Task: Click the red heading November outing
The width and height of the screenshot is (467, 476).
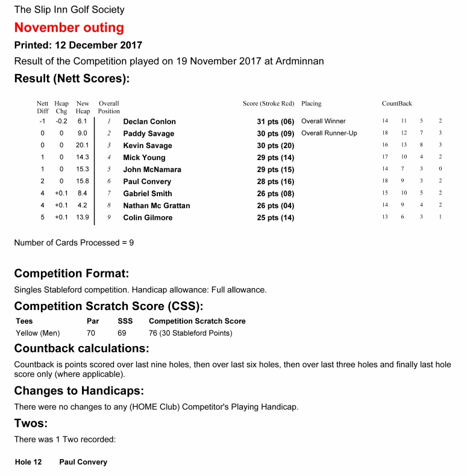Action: click(x=69, y=28)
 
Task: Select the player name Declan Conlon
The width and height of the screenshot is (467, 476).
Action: click(x=149, y=122)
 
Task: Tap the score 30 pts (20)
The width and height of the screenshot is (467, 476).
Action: click(x=275, y=146)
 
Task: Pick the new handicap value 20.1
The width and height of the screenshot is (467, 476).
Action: click(x=83, y=145)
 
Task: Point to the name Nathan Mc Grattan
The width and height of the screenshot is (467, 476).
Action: click(x=156, y=206)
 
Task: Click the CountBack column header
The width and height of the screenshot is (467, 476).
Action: click(x=396, y=104)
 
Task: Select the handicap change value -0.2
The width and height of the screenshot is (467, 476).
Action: click(x=61, y=121)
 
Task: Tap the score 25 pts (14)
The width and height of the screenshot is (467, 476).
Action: click(x=275, y=218)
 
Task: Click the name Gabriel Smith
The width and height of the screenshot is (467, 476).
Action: click(x=148, y=194)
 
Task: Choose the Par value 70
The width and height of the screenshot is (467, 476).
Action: click(x=91, y=333)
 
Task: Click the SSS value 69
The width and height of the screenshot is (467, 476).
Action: click(x=122, y=333)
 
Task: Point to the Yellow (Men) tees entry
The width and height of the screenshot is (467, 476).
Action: click(x=37, y=333)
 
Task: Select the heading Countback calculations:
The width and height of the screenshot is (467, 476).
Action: click(x=81, y=348)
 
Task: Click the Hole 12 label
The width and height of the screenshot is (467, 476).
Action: click(x=28, y=462)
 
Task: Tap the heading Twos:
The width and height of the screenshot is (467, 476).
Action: click(x=31, y=424)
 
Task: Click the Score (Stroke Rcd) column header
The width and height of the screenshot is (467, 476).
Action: click(x=268, y=104)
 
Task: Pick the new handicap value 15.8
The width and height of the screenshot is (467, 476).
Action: click(x=83, y=181)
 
